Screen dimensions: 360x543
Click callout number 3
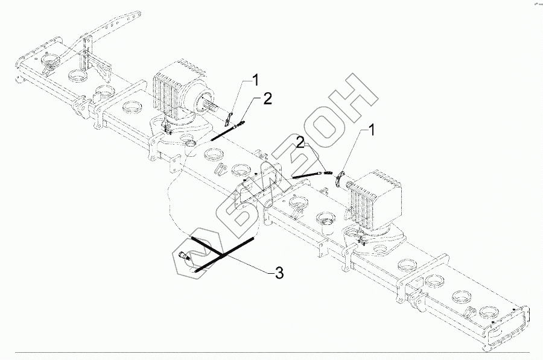click(279, 273)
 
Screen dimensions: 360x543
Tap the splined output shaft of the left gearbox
click(212, 108)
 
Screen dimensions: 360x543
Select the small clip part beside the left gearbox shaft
click(229, 116)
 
